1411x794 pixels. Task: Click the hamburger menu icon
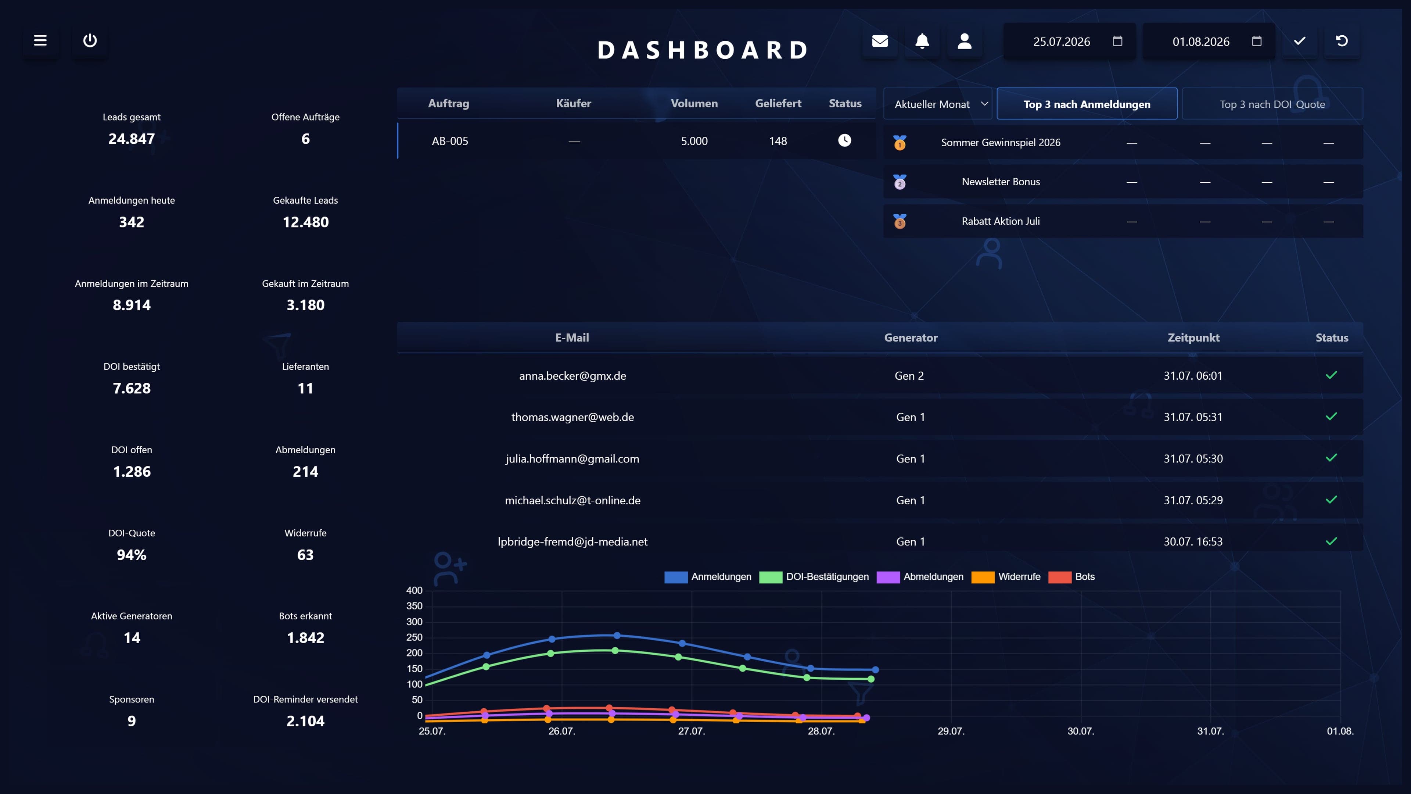point(40,40)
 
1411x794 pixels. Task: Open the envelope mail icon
point(880,41)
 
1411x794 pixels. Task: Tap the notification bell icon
point(922,41)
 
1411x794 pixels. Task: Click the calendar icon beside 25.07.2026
point(1117,41)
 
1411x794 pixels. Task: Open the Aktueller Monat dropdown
point(938,104)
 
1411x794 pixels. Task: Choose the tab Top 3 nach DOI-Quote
point(1272,104)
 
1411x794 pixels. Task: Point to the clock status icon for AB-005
point(845,141)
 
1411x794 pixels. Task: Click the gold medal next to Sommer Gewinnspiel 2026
point(900,143)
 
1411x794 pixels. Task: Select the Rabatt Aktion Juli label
point(1001,221)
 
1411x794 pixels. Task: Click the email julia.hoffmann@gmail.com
point(572,459)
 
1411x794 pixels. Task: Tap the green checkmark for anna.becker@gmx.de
point(1332,375)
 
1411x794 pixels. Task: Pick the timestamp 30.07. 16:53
point(1193,542)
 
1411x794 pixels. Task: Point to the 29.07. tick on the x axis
point(951,731)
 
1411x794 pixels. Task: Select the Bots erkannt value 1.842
point(306,638)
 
